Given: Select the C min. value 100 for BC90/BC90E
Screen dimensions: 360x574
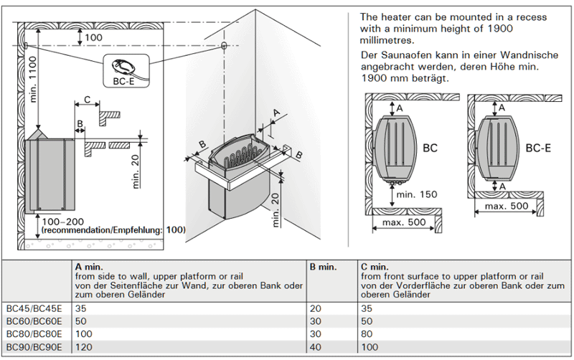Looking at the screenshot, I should click(370, 346).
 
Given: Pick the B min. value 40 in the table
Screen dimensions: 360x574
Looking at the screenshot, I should click(316, 346).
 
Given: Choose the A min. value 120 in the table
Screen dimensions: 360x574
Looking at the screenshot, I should click(83, 346).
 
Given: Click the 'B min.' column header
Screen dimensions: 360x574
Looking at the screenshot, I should click(323, 267).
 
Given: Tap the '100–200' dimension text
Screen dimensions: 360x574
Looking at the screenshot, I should click(62, 222).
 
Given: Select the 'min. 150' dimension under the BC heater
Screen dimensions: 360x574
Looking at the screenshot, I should click(416, 194).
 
